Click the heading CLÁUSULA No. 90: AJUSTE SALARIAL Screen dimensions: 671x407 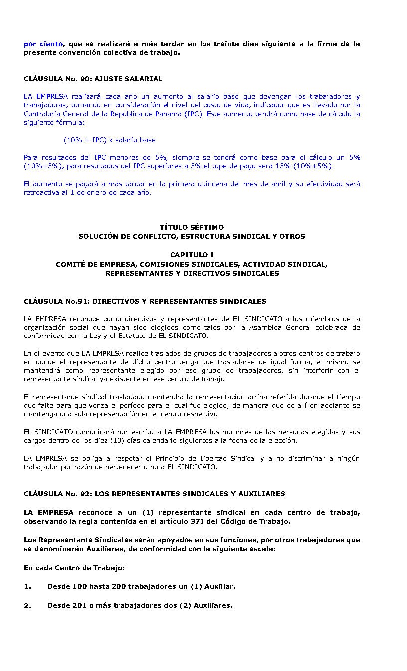click(x=93, y=79)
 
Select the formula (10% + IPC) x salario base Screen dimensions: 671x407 click(x=109, y=140)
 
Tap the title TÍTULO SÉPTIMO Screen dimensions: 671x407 click(x=192, y=227)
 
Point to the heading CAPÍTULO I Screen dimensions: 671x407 click(x=192, y=255)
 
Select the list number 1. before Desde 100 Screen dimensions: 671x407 click(x=27, y=587)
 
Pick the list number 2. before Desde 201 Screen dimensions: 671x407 click(x=27, y=606)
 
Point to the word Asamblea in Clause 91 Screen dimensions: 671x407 click(x=295, y=328)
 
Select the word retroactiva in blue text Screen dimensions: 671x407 click(x=42, y=192)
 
